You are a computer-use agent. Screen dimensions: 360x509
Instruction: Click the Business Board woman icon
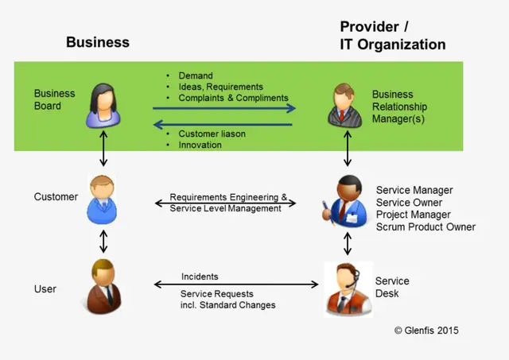pos(104,105)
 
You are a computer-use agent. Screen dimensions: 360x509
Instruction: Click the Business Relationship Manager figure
pos(347,106)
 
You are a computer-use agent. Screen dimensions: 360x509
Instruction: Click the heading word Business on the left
pos(97,42)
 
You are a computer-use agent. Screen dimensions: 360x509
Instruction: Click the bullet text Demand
pos(196,75)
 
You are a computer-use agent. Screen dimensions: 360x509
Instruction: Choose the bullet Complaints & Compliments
pos(233,98)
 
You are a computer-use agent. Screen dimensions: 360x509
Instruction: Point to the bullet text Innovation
pos(200,145)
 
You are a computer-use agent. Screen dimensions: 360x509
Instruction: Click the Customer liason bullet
pos(212,134)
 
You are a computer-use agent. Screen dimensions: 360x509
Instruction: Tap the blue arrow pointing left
pos(223,123)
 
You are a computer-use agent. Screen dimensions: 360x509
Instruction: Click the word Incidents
pos(200,277)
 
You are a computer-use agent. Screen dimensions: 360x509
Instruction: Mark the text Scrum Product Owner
pos(425,227)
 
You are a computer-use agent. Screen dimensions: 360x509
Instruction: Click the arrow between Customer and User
pos(103,240)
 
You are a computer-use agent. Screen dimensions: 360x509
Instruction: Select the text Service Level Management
pos(225,208)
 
